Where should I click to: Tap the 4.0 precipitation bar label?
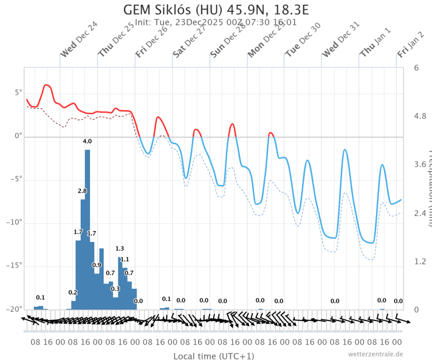pyautogui.click(x=87, y=141)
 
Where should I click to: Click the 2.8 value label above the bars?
pyautogui.click(x=82, y=191)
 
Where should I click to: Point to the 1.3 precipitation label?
pyautogui.click(x=120, y=248)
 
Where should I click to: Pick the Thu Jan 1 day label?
pyautogui.click(x=375, y=43)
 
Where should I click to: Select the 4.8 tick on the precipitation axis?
pyautogui.click(x=420, y=116)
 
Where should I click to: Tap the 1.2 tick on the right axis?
pyautogui.click(x=420, y=261)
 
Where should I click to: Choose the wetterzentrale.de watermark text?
pyautogui.click(x=375, y=354)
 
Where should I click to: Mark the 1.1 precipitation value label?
pyautogui.click(x=125, y=259)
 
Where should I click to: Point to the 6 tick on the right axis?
pyautogui.click(x=417, y=67)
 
